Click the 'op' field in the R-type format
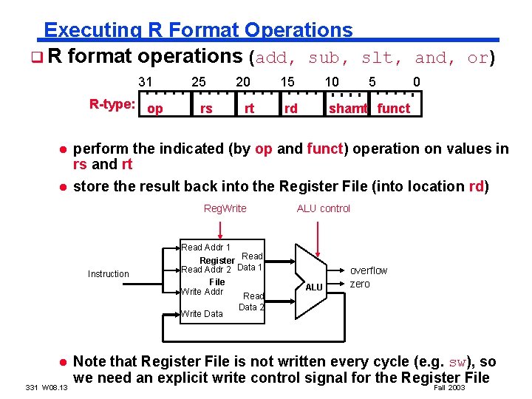155,109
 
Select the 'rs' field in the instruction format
206,109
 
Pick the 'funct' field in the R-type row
393,109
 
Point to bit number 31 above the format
146,82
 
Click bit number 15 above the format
287,82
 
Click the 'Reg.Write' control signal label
225,209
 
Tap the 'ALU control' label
324,209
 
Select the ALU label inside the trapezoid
314,287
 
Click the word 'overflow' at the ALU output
368,271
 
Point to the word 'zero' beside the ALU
360,284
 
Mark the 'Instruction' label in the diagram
108,274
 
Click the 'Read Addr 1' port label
205,248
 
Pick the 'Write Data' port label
202,314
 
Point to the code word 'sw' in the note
460,362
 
